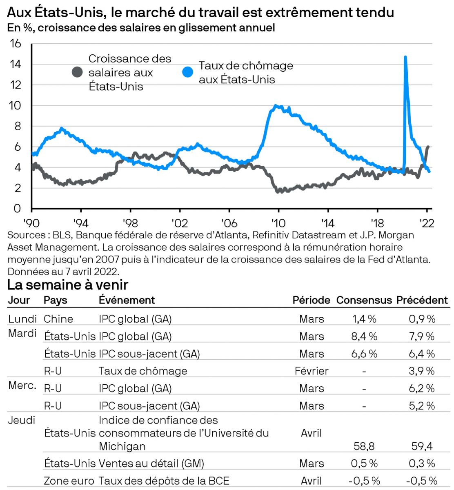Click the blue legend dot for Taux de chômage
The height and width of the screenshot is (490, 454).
(187, 73)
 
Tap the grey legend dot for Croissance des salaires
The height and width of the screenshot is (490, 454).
(77, 73)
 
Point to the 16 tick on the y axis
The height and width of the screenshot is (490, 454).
(15, 43)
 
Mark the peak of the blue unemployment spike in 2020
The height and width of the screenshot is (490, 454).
(405, 57)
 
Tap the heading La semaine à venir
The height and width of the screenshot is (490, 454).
(68, 285)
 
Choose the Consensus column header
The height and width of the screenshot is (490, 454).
(364, 300)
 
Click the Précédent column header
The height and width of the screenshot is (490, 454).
(422, 300)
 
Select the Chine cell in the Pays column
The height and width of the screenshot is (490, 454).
(58, 319)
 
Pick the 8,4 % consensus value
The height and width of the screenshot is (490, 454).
(364, 336)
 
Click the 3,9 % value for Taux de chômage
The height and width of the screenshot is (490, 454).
(422, 371)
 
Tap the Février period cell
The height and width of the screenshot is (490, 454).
(312, 371)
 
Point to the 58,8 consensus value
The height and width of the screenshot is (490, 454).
(364, 446)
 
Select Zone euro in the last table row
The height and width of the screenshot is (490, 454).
(69, 481)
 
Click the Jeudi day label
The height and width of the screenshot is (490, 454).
(22, 420)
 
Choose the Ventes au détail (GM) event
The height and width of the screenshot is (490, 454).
(151, 464)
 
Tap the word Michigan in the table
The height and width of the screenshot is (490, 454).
(122, 446)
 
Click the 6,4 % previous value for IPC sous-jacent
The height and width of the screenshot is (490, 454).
(422, 354)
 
